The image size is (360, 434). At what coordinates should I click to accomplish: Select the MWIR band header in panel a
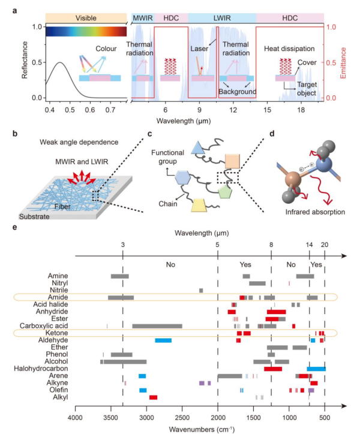coord(142,18)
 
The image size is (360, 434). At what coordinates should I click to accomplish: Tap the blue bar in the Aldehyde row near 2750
coord(163,340)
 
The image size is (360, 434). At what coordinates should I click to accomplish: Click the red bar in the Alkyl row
coord(153,397)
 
